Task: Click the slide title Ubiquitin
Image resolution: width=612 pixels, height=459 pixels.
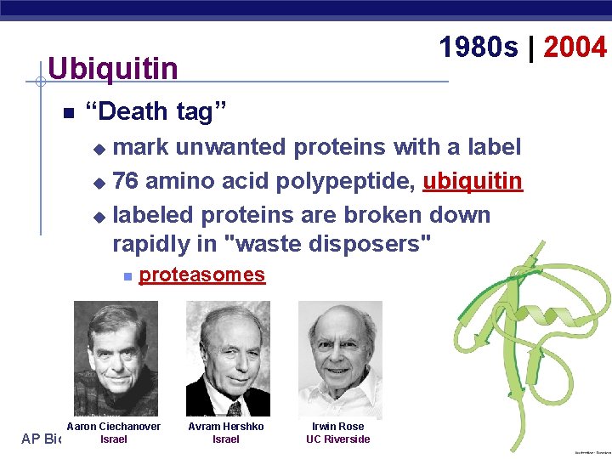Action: pos(113,68)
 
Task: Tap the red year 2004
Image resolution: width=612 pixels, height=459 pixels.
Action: pos(575,48)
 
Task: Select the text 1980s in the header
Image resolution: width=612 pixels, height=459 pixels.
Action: pos(479,48)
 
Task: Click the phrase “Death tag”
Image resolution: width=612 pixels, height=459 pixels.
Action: pos(157,111)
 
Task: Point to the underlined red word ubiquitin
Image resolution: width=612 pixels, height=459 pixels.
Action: pos(473,181)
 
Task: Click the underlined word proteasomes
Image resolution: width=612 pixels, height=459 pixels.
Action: pos(201,275)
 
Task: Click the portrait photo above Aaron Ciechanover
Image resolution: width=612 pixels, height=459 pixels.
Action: pos(116,358)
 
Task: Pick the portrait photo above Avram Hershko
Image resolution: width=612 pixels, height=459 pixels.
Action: pos(227,358)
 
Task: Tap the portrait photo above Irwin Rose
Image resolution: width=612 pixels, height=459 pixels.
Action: pos(339,360)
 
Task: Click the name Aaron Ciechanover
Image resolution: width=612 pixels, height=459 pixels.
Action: pos(113,426)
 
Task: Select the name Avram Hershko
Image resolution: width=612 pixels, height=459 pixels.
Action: pos(225,426)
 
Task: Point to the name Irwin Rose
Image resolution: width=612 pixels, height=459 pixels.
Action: pos(337,426)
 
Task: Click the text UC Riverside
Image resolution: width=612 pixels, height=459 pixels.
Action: pos(337,439)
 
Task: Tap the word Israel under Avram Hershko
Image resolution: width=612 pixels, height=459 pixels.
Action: pos(225,439)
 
